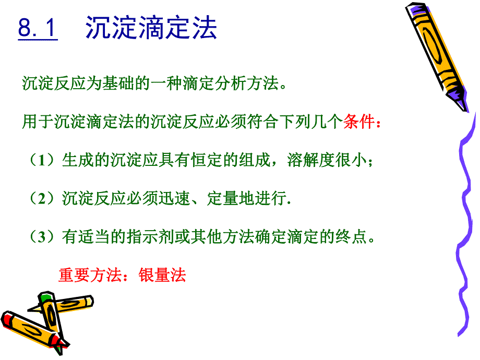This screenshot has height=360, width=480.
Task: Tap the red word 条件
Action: (359, 123)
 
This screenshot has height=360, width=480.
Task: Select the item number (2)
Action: (42, 199)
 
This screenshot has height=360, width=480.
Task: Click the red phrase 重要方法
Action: (89, 275)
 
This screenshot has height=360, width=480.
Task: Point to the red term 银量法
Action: (162, 275)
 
